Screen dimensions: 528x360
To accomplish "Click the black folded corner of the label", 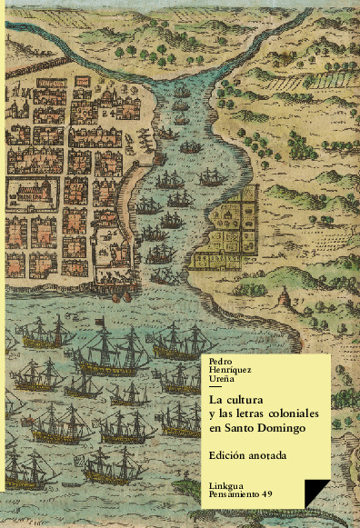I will (316, 491).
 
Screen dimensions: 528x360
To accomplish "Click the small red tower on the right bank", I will (285, 296).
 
